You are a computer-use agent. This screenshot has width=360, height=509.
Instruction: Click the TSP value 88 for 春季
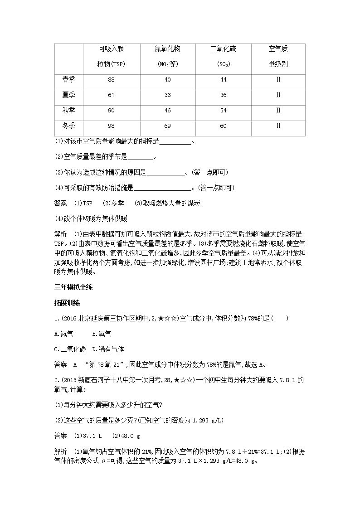pos(112,80)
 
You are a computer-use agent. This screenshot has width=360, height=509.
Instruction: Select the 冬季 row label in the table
pos(68,126)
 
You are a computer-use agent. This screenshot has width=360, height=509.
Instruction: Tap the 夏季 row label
pos(68,95)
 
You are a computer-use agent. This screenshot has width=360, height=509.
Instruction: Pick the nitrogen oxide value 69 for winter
pos(167,126)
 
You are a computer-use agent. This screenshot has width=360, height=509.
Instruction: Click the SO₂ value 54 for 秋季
pos(223,110)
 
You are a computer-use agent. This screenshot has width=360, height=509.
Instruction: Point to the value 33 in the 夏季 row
pos(167,95)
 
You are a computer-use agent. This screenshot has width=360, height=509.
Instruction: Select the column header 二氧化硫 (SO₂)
pos(223,56)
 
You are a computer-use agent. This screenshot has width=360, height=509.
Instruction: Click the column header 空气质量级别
pos(278,56)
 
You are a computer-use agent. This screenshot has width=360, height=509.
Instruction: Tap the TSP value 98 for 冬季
pos(112,126)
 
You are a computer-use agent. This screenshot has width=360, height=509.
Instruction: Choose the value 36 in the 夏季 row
pos(223,95)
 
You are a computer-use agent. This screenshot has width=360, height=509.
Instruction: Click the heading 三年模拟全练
pos(73,287)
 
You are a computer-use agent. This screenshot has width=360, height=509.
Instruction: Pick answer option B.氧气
pos(102,334)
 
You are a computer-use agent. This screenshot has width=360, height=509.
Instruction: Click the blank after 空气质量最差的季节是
pos(141,157)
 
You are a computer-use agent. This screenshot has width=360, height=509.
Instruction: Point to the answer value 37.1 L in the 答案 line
pos(91,436)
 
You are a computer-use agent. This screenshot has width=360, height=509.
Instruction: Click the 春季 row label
pos(68,80)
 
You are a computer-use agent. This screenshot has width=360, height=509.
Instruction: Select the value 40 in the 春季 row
pos(167,80)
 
